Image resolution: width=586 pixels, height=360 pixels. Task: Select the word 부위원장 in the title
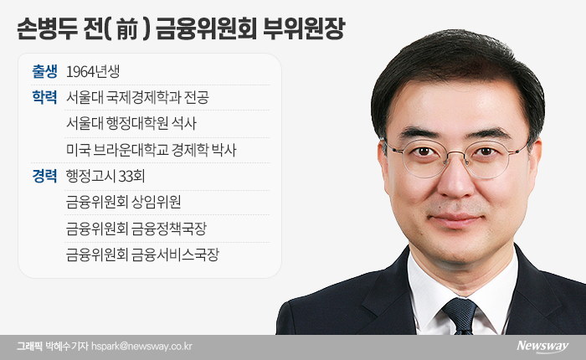point(303,28)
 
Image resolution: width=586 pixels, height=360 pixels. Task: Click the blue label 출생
point(45,71)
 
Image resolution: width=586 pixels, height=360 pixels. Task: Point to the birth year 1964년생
point(93,71)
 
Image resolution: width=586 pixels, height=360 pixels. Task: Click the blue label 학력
point(45,97)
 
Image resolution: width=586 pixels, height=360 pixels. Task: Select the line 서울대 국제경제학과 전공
point(137,97)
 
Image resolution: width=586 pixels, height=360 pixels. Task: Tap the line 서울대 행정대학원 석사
point(131,123)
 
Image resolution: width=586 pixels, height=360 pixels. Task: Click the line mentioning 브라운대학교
point(151,150)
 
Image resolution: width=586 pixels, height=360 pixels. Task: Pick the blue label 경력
point(45,176)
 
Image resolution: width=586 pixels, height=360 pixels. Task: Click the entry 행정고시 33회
point(105,176)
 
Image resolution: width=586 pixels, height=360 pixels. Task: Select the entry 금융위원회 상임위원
point(123,203)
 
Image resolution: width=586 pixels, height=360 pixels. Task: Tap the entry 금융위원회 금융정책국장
point(136,229)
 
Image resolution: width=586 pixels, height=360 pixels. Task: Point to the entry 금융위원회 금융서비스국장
point(142,255)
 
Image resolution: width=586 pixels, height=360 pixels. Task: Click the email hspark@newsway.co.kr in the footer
point(141,346)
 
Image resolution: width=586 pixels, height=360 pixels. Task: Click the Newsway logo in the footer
point(542,346)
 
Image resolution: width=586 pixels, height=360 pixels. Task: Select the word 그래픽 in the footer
point(28,346)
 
